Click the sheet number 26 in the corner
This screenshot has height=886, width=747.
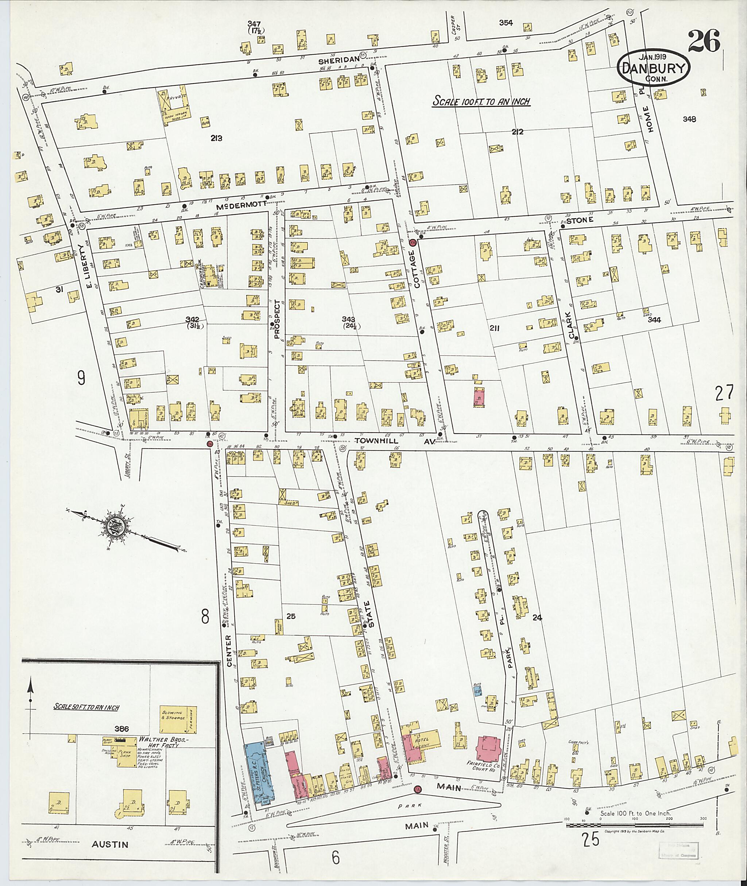pos(704,41)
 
